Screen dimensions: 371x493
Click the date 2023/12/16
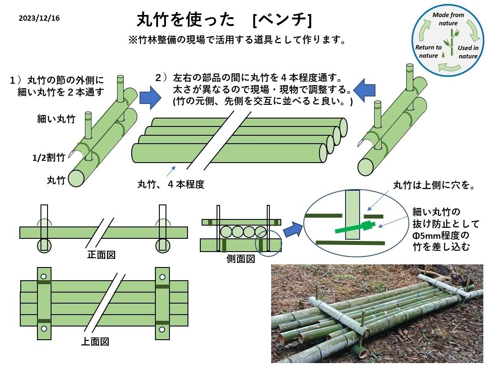click(39, 19)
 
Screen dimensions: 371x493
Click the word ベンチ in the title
click(283, 19)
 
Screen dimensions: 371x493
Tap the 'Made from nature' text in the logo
click(448, 19)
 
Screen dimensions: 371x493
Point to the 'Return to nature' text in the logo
click(428, 52)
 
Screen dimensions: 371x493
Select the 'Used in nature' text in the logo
click(468, 52)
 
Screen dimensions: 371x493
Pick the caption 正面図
click(101, 255)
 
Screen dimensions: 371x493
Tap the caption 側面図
click(240, 259)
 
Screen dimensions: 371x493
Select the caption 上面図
click(95, 341)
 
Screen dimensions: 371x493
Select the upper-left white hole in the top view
click(44, 277)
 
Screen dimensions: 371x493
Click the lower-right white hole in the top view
click(162, 329)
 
